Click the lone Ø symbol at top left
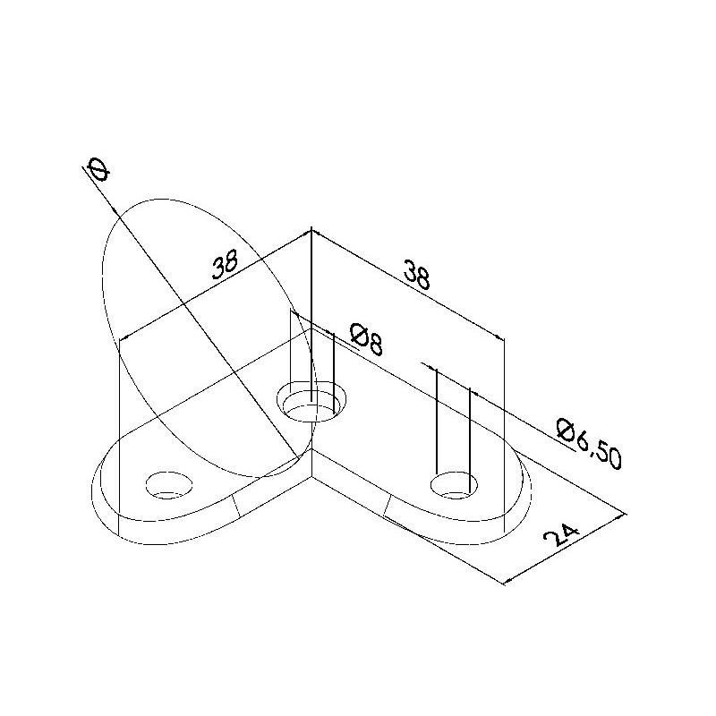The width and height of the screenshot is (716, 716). click(97, 168)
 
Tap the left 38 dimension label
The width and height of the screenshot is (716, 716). click(226, 266)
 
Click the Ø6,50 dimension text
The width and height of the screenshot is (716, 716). click(587, 443)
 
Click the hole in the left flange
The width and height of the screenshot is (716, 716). click(169, 484)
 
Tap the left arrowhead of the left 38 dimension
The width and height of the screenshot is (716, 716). click(122, 338)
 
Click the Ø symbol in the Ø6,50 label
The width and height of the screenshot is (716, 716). click(566, 430)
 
